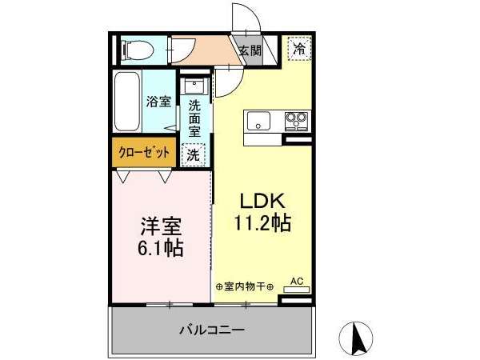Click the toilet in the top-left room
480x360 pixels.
138,50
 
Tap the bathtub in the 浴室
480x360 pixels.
127,102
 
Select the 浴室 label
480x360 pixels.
158,102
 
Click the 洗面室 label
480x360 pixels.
194,118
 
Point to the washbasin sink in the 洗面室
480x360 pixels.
195,86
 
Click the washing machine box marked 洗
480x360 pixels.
193,155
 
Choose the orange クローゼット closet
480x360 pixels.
144,152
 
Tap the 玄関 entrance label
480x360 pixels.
250,50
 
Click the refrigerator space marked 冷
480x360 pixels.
299,48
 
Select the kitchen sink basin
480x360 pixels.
258,121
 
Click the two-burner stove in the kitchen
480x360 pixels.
296,121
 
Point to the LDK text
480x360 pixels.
262,201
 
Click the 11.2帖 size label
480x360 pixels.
262,222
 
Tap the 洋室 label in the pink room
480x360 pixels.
161,226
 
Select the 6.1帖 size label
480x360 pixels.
161,248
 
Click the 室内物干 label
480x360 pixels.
244,287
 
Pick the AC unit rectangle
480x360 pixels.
296,290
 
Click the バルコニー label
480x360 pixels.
212,330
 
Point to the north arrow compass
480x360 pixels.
356,338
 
